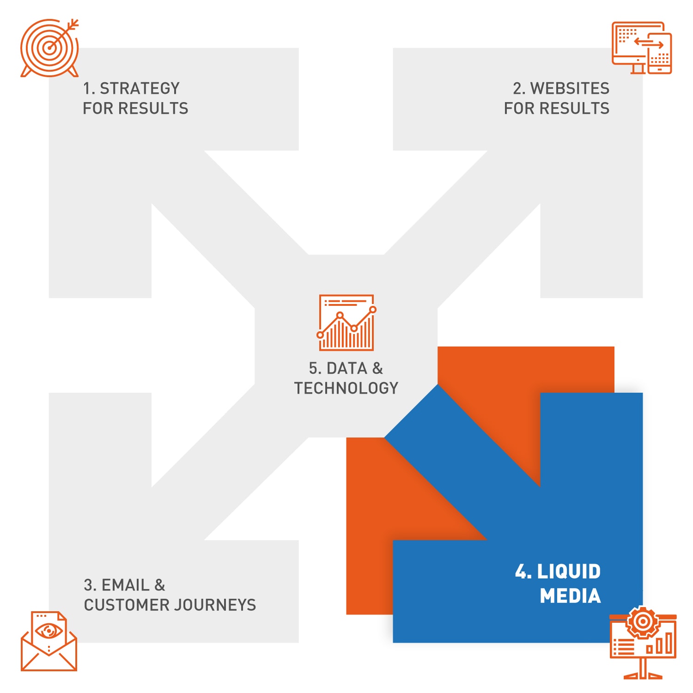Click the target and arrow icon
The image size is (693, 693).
(49, 48)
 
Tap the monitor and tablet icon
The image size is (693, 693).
(642, 48)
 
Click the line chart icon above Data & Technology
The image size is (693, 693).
(346, 322)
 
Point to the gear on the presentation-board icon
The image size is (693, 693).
(643, 622)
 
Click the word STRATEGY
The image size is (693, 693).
(140, 88)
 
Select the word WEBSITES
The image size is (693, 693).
(570, 88)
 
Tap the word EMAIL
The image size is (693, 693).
(126, 585)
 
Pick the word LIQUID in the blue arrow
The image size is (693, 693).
(569, 571)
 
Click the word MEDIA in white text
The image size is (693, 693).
(571, 596)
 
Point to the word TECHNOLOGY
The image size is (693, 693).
(346, 388)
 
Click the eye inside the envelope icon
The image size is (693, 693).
(49, 631)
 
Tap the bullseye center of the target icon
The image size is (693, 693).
(49, 48)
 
